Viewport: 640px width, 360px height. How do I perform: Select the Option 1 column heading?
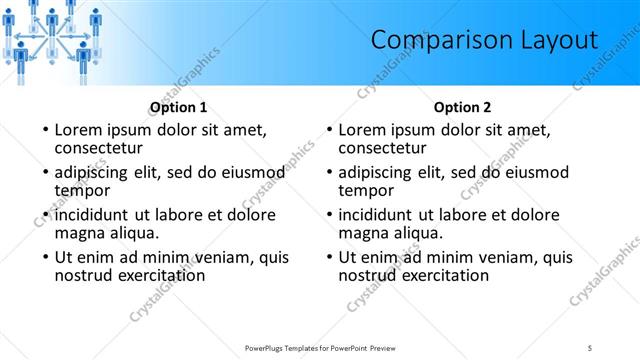(179, 107)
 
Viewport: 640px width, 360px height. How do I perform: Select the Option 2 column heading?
(463, 107)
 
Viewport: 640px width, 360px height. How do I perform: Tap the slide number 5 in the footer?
(590, 347)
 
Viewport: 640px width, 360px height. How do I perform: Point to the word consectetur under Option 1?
(105, 148)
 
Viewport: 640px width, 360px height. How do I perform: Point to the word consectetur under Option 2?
(389, 148)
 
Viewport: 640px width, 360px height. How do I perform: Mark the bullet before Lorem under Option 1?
(44, 130)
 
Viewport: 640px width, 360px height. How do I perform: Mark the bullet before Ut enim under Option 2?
(328, 257)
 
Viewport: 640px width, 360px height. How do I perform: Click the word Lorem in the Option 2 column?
(364, 130)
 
